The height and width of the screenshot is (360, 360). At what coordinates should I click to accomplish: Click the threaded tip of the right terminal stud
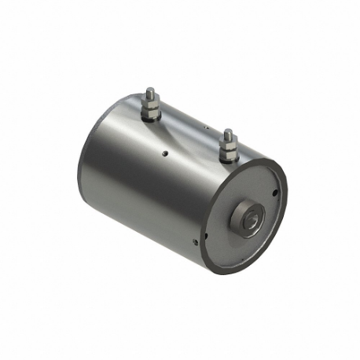227,131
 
